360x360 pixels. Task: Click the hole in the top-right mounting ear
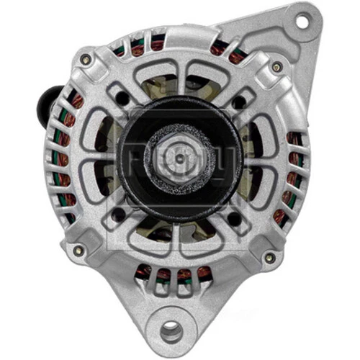click(x=300, y=22)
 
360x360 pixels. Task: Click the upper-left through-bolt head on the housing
click(x=86, y=59)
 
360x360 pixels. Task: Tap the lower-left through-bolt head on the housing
click(x=78, y=250)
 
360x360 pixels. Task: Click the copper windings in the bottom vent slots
click(x=173, y=273)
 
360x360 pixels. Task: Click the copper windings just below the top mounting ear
click(x=223, y=49)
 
